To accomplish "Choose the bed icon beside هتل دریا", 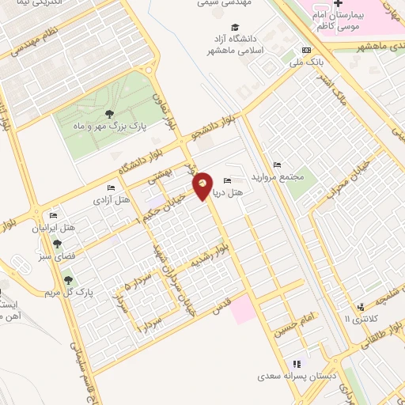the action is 228,180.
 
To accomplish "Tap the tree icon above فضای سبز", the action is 57,244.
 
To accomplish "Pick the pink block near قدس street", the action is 243,310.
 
